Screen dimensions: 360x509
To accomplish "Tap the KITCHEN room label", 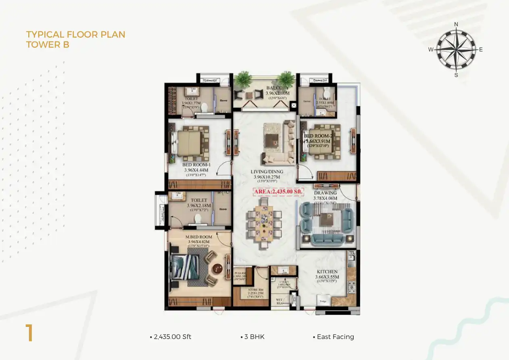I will pyautogui.click(x=327, y=272).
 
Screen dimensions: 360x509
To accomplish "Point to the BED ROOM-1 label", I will pyautogui.click(x=196, y=165).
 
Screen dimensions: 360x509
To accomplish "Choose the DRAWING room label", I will pyautogui.click(x=325, y=193).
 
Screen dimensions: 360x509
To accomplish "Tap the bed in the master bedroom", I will pyautogui.click(x=185, y=266).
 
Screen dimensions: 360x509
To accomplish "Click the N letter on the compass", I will pyautogui.click(x=456, y=24).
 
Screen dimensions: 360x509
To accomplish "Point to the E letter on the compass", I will pyautogui.click(x=481, y=50).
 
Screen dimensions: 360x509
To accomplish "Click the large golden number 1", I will pyautogui.click(x=29, y=333).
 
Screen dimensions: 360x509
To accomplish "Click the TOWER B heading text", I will pyautogui.click(x=48, y=45).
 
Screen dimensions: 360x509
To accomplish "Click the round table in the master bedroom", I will pyautogui.click(x=218, y=268).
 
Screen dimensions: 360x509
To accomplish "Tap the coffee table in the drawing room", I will pyautogui.click(x=326, y=220).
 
